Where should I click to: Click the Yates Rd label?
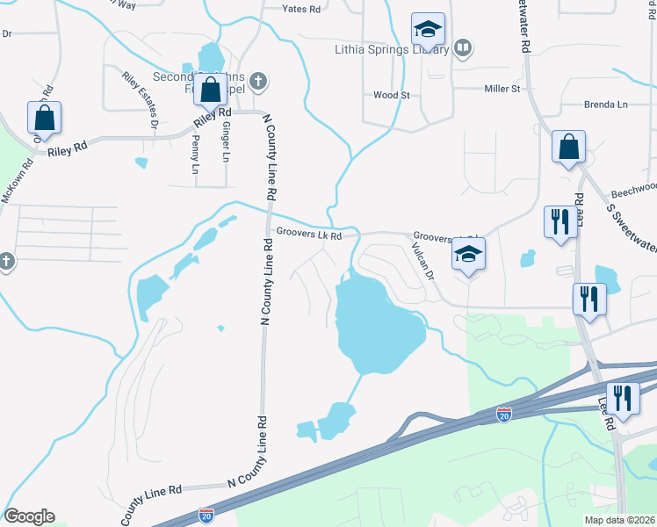[300, 9]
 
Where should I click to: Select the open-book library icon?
[463, 47]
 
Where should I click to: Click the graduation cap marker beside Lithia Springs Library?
[429, 32]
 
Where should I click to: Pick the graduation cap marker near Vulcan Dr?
[468, 256]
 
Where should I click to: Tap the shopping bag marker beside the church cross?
[211, 90]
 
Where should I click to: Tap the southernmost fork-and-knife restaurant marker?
[624, 400]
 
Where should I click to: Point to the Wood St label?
[392, 95]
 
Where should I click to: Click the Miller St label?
[503, 89]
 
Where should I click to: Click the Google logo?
[29, 516]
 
